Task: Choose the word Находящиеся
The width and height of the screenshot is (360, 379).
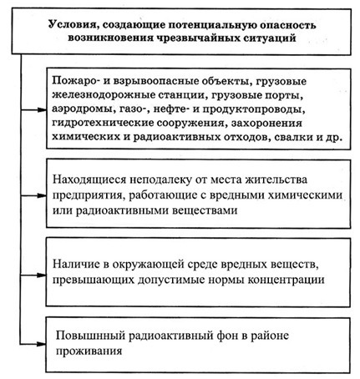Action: point(89,179)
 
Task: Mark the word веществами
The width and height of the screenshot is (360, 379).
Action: point(205,210)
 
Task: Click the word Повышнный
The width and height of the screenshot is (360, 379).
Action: point(90,336)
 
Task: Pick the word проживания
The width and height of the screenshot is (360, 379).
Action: point(89,351)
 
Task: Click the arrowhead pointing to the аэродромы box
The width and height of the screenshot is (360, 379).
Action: point(42,110)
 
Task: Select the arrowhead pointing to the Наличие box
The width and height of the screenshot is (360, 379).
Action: point(42,275)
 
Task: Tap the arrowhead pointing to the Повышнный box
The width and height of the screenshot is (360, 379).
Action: point(42,344)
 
